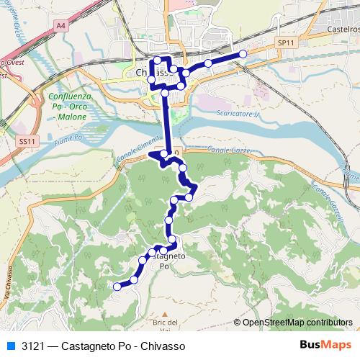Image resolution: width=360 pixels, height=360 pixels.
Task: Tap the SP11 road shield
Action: tap(286, 44)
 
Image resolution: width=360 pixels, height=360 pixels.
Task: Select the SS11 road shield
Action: tap(27, 142)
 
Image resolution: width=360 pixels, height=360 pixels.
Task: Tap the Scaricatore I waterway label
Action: tap(238, 114)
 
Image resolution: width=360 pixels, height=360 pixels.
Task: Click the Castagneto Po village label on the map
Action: tap(165, 261)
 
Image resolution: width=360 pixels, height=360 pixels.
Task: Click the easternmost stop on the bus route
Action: tap(243, 54)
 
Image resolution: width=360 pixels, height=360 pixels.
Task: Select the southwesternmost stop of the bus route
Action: tap(117, 287)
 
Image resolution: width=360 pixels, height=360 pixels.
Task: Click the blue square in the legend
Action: tap(9, 346)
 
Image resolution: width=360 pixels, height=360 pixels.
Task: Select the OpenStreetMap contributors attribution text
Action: tap(296, 323)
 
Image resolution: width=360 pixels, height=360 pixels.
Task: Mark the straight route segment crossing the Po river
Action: tap(167, 122)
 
